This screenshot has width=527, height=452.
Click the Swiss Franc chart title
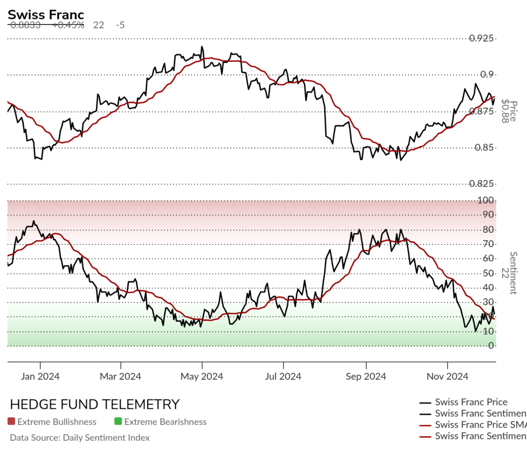[46, 15]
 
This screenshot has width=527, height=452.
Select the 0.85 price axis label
[485, 148]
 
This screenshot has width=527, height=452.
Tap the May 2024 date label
[202, 376]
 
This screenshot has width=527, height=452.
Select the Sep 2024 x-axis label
[365, 376]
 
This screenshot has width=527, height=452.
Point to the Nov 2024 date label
[447, 376]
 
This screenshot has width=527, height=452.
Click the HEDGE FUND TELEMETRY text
[95, 404]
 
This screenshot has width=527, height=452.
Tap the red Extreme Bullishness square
[11, 422]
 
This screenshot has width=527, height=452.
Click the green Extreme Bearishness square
[118, 422]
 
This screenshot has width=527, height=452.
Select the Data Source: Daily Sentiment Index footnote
[80, 438]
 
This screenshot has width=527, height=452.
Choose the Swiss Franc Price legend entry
[471, 402]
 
